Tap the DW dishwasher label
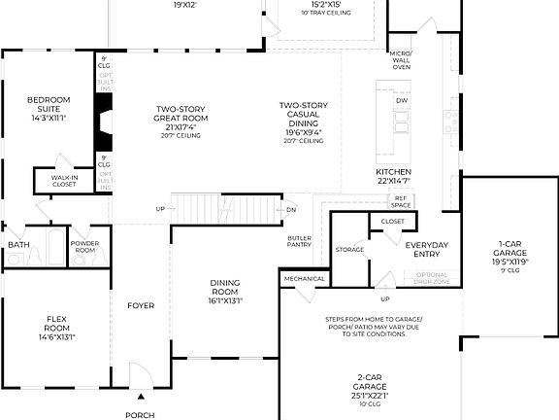401,101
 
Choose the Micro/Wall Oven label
401,59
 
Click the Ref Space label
401,201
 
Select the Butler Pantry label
299,241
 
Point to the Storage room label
349,249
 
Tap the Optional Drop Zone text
432,277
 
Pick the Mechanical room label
305,279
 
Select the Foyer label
141,305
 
